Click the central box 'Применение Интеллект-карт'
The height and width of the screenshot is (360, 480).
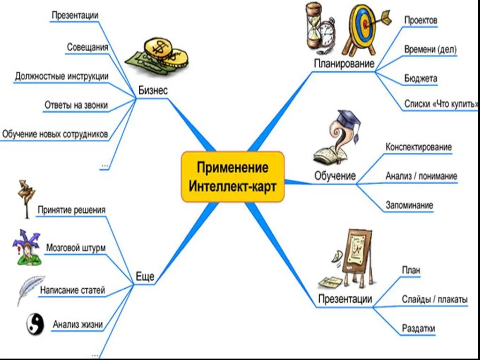[232, 176]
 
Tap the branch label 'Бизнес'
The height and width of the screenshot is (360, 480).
[153, 90]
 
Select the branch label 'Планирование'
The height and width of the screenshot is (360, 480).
[344, 64]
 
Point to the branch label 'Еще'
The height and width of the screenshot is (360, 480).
[145, 277]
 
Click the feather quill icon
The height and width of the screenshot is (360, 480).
[30, 289]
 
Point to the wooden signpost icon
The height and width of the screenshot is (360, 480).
[26, 197]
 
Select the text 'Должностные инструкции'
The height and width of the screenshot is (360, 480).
[62, 76]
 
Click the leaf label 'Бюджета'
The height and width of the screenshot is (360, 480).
[421, 78]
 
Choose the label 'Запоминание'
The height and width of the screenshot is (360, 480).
[409, 205]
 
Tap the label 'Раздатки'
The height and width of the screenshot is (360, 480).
[418, 329]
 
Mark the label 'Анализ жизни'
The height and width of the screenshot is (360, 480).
[77, 324]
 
